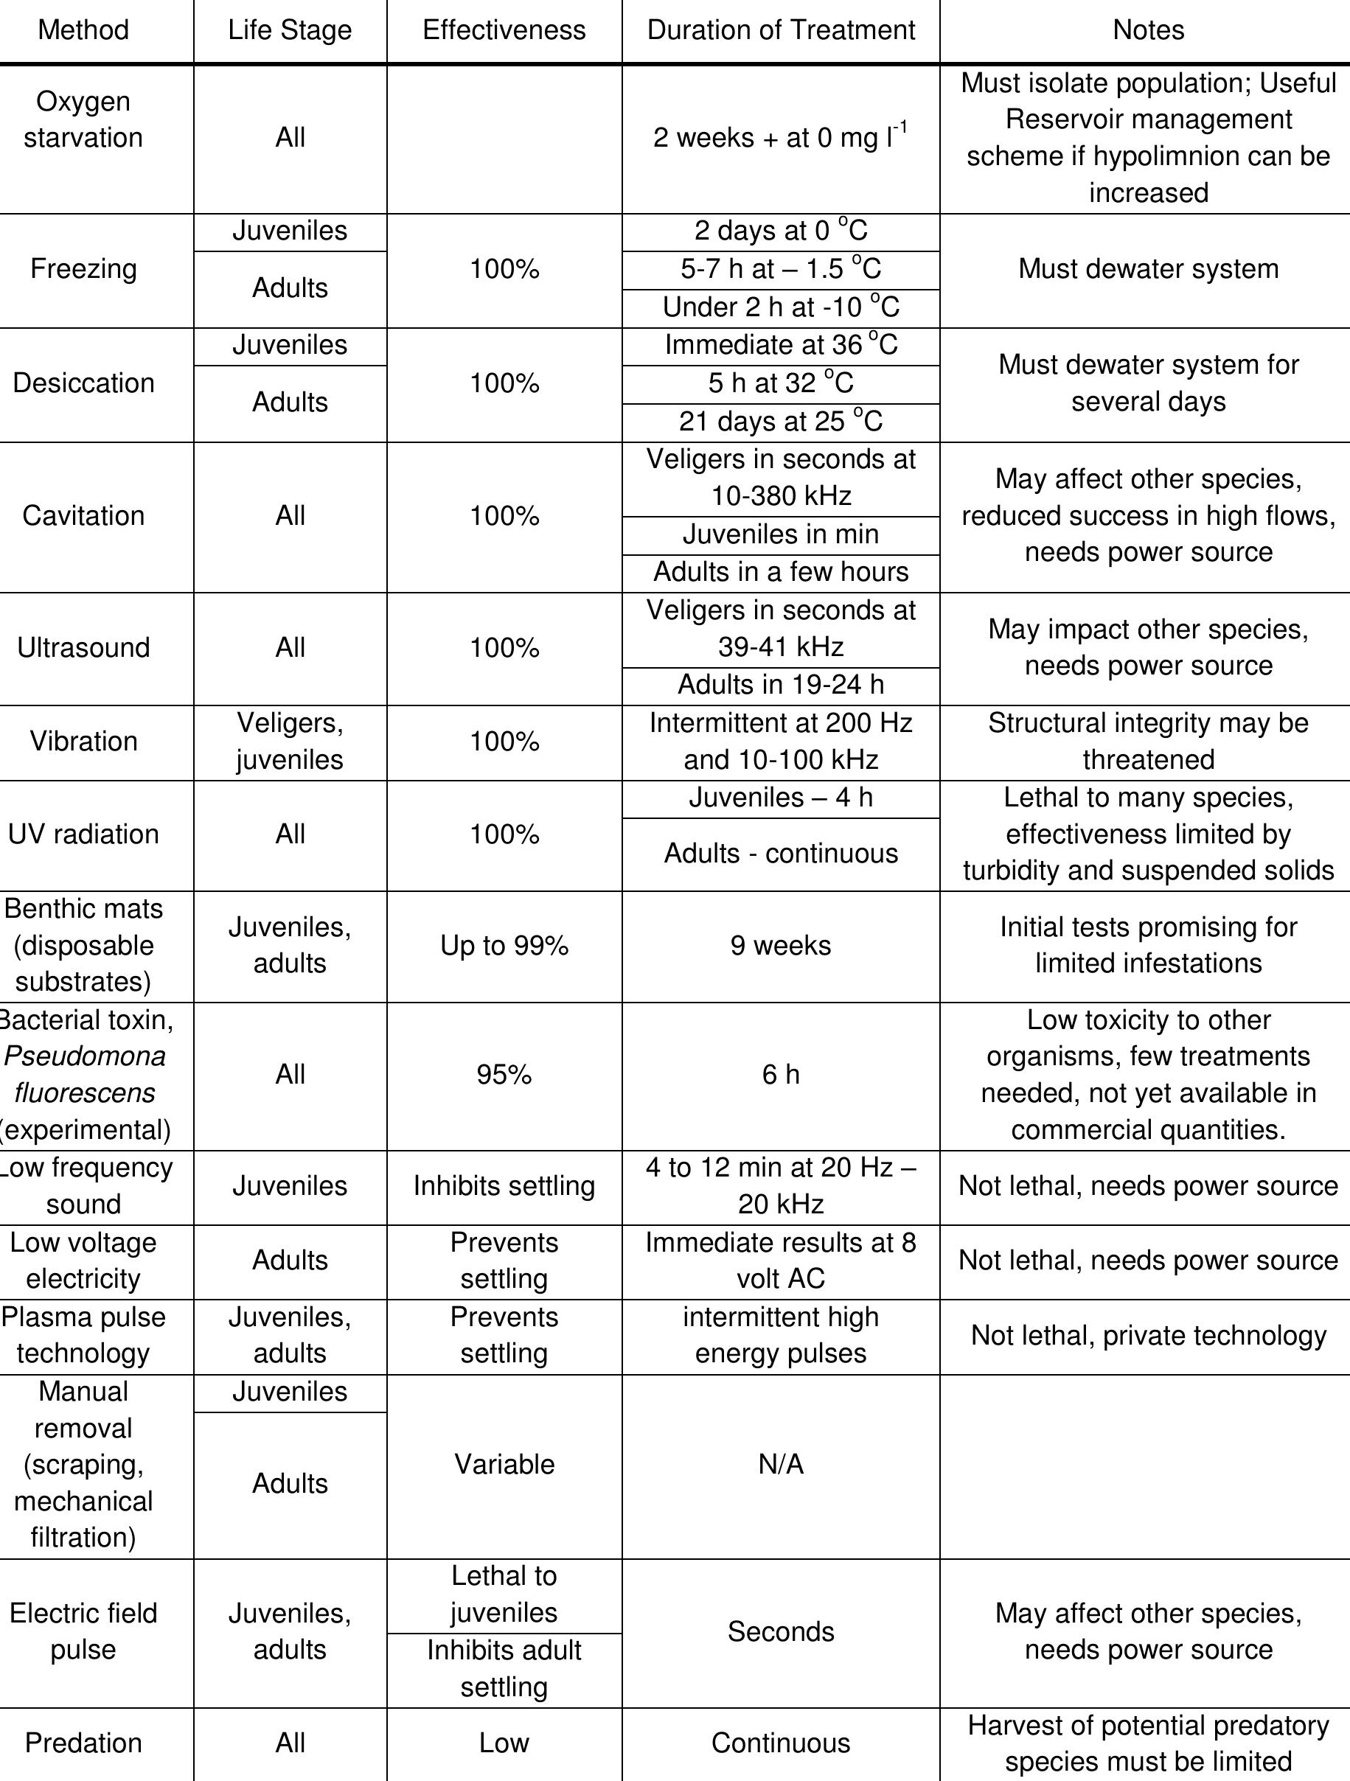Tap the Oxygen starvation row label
coord(83,119)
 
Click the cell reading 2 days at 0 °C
coord(781,231)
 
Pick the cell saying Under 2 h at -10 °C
coord(781,307)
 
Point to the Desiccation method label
coord(83,383)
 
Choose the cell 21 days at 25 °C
coord(781,421)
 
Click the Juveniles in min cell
coord(781,534)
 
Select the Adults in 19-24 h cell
coord(781,685)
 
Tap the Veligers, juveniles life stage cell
coord(290,742)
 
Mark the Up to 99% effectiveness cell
coord(504,945)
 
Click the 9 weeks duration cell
coord(781,945)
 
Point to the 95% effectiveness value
coord(504,1075)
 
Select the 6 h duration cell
coord(781,1075)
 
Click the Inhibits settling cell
coord(504,1186)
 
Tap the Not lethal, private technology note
coord(1148,1336)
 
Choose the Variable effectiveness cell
coord(504,1465)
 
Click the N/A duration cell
coord(781,1465)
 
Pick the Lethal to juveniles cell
coord(504,1594)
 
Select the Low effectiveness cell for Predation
coord(504,1743)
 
